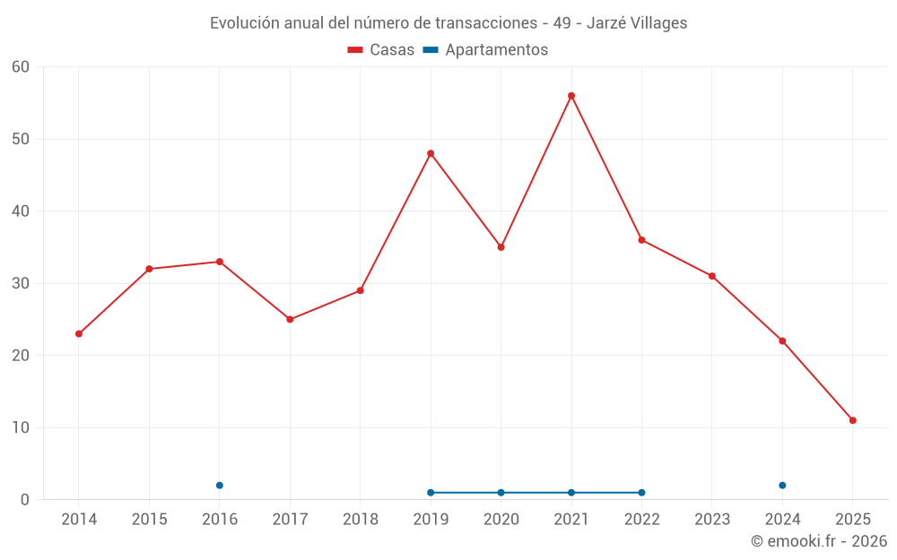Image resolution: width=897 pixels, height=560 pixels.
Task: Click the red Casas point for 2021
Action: [x=571, y=96]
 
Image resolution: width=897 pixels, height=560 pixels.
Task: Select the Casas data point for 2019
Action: [x=431, y=153]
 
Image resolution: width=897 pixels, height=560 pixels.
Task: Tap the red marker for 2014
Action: [x=79, y=333]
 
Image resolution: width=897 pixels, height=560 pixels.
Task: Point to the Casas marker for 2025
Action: [x=852, y=420]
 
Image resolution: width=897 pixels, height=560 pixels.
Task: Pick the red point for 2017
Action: [x=290, y=319]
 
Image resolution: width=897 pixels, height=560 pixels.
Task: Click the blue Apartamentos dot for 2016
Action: [x=220, y=485]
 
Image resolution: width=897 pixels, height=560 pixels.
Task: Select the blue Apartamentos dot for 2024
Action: [x=782, y=485]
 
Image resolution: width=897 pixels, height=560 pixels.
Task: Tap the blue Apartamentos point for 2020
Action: [x=501, y=492]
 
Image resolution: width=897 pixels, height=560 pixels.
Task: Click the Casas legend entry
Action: [x=381, y=50]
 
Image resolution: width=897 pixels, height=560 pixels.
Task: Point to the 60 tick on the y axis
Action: [x=21, y=67]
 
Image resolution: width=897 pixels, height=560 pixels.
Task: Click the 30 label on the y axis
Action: [x=21, y=283]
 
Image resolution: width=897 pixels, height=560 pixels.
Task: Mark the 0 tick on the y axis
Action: [x=25, y=500]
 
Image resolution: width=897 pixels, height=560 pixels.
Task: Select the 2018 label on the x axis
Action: [x=360, y=520]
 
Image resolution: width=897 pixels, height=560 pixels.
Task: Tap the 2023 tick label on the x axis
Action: [x=711, y=520]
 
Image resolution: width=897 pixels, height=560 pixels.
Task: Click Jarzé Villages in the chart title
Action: [x=637, y=23]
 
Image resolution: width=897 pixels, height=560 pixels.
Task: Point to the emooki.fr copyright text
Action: [x=818, y=541]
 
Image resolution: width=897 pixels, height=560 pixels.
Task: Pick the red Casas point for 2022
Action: [x=641, y=239]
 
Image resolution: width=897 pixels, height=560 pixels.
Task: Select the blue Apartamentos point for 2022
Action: [x=641, y=492]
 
